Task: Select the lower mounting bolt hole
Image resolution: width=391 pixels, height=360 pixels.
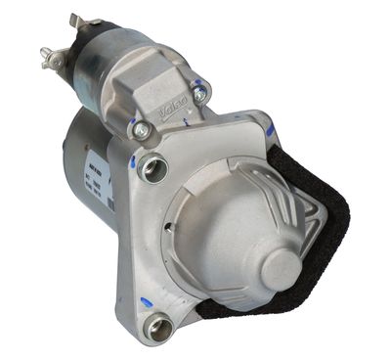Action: point(158,327)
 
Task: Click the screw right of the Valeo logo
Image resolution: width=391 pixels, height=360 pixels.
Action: point(200,94)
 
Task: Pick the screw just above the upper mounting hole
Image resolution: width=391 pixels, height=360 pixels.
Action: point(140,128)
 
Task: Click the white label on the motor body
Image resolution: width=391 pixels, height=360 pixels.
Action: point(99,177)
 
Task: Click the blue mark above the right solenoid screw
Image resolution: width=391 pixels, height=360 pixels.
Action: point(199,78)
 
